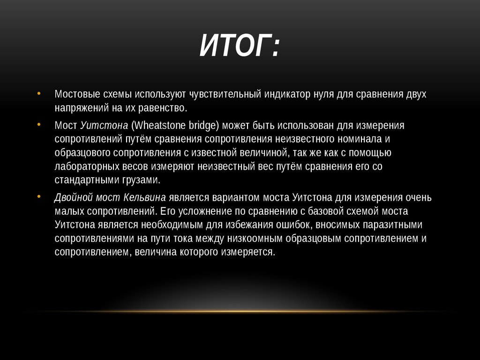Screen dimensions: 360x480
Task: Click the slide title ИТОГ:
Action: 240,47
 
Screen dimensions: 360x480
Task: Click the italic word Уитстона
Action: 104,126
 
